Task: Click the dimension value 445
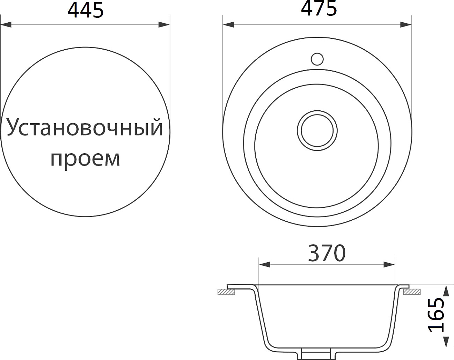point(85,10)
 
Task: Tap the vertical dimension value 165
point(436,315)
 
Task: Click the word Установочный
point(85,128)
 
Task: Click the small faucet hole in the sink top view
point(317,59)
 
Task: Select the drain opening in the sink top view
point(317,131)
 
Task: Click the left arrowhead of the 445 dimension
point(6,25)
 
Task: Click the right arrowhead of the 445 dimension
point(164,25)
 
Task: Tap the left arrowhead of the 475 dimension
point(228,25)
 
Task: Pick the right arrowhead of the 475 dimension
point(405,25)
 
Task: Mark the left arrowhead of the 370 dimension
point(264,265)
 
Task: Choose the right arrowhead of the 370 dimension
point(389,265)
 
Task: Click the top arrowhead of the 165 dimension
point(446,291)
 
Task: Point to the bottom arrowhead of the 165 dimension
point(446,342)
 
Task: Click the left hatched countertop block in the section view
point(226,292)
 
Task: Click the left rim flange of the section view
point(241,287)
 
